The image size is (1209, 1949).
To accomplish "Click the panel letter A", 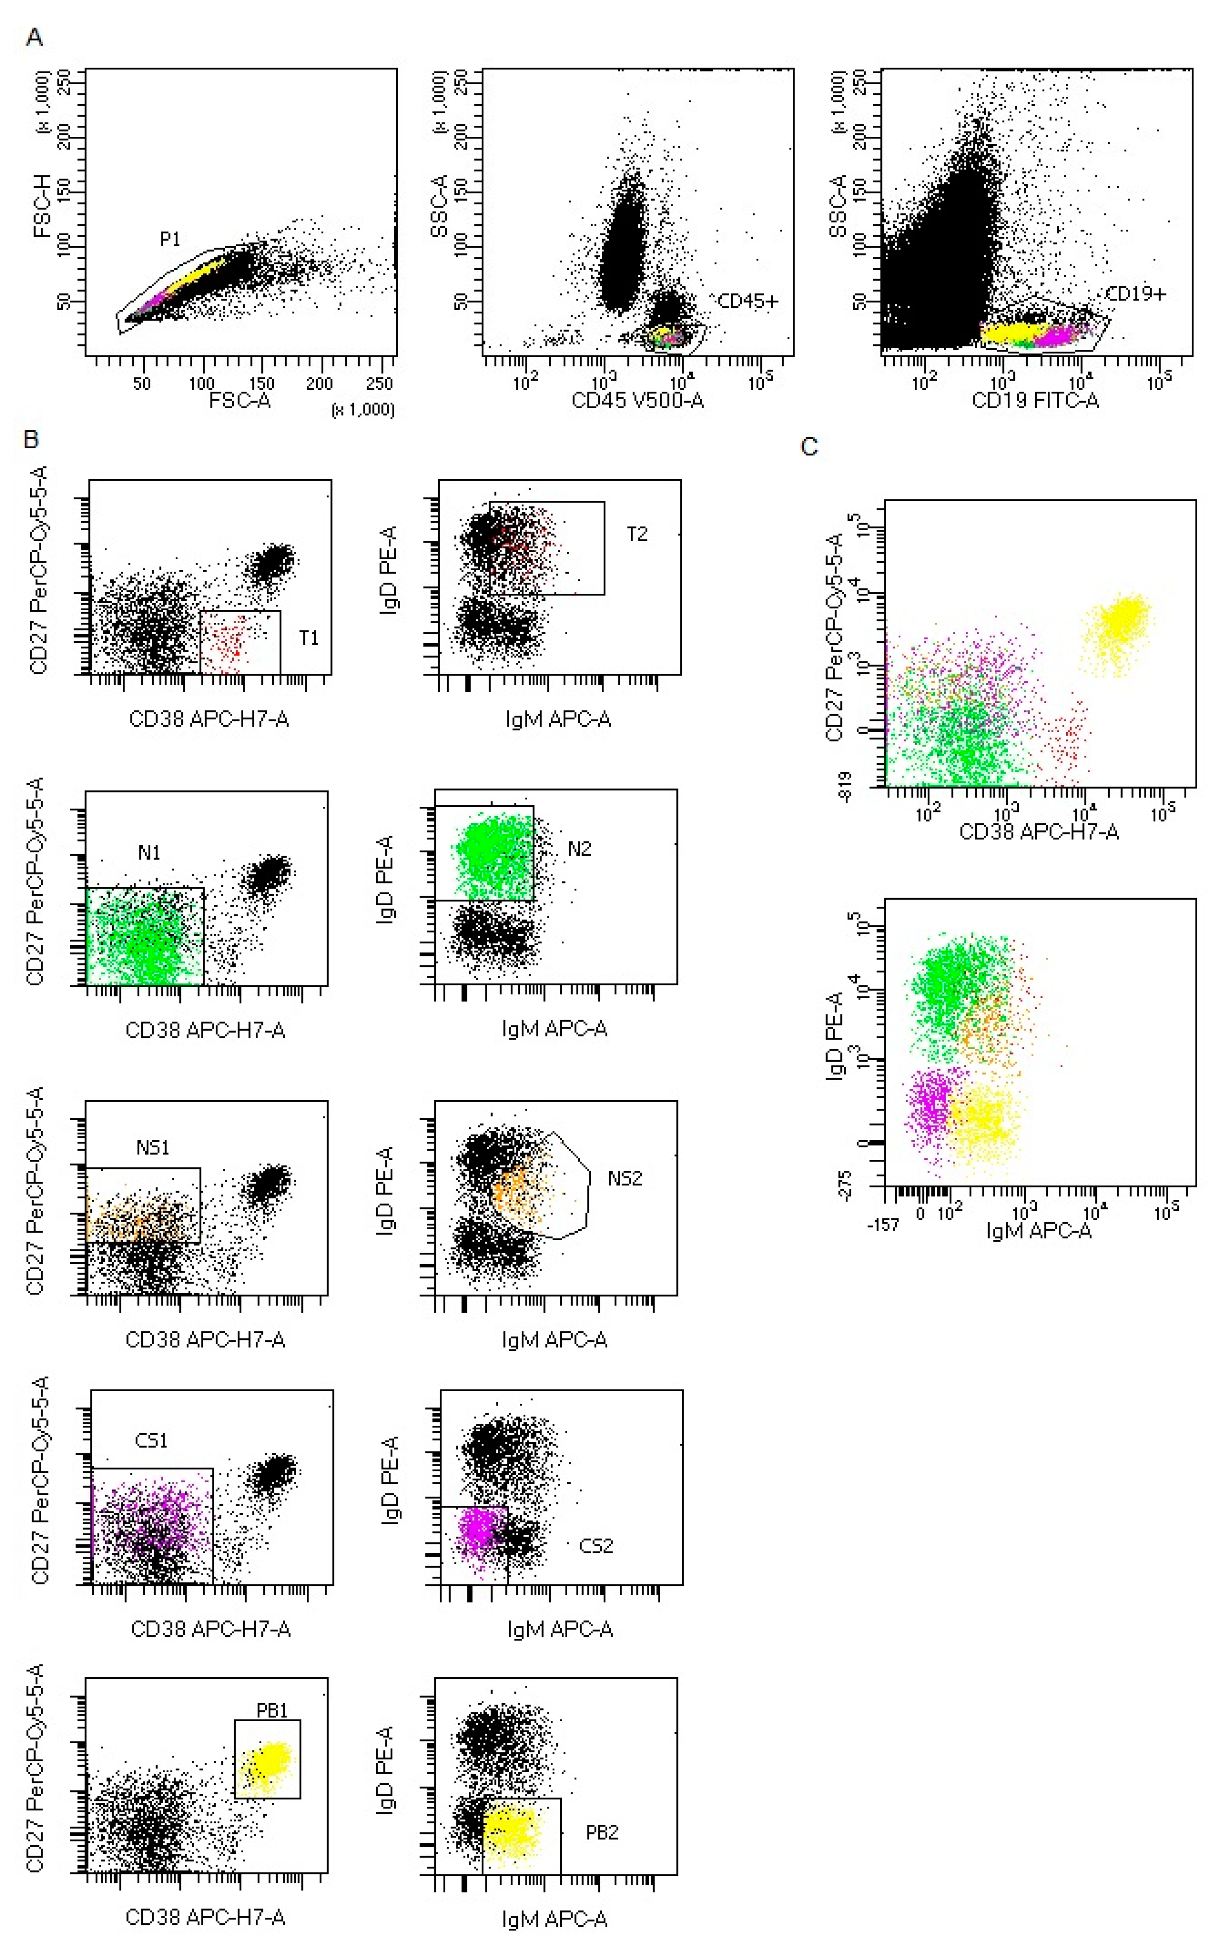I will click(34, 38).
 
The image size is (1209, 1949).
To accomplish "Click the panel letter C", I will click(809, 446).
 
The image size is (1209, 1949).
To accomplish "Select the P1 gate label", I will click(169, 239).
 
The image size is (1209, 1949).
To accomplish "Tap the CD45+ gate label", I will click(748, 301).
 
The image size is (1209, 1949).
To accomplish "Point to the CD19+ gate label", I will click(1135, 294).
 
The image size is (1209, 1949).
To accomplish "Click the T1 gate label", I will click(309, 637).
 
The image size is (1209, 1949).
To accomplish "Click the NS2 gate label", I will click(625, 1178).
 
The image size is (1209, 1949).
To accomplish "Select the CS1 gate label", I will click(151, 1441).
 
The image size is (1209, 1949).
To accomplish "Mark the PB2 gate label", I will click(602, 1832).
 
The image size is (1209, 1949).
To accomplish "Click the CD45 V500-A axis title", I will click(637, 401).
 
